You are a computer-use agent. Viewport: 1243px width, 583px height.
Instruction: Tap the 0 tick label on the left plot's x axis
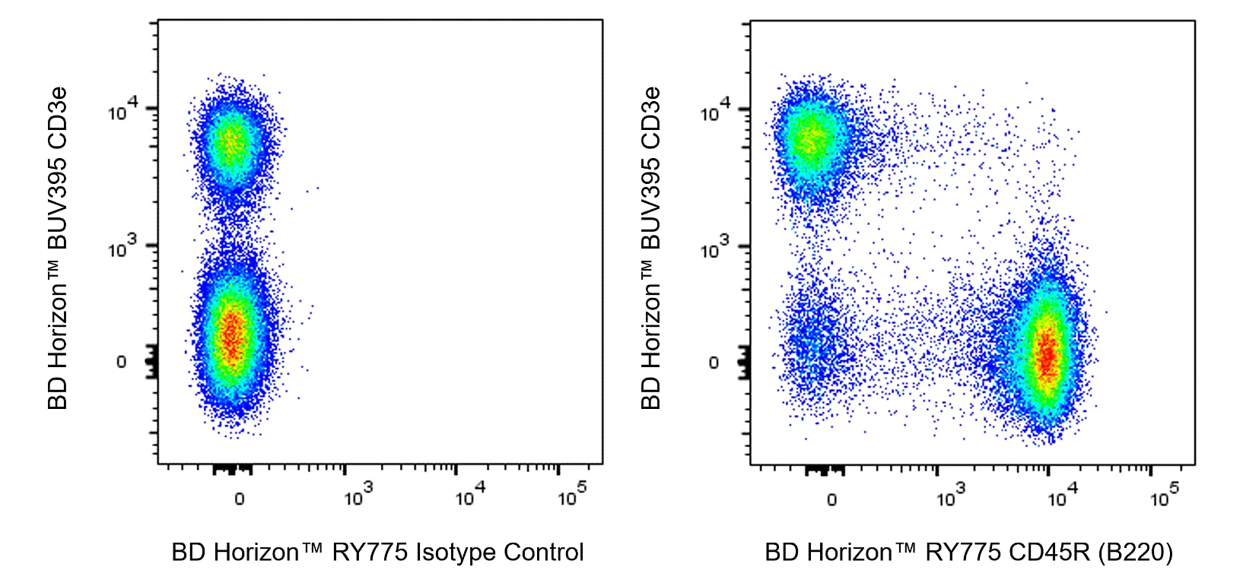(239, 499)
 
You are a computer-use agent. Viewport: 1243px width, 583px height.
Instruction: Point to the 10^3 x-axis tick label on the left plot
(358, 496)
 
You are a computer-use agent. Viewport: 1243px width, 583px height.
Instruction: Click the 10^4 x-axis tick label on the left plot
(469, 496)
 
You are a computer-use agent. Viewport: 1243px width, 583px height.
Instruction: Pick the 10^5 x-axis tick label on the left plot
(571, 496)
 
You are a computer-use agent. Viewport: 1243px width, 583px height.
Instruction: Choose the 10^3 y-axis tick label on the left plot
(122, 247)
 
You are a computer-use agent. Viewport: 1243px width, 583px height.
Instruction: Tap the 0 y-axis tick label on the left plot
(121, 362)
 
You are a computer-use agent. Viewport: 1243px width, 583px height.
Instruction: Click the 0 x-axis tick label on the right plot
(831, 499)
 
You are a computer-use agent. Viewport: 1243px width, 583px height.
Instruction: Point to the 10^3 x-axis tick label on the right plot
(950, 496)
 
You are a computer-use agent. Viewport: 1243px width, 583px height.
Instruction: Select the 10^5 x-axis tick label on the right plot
(1164, 496)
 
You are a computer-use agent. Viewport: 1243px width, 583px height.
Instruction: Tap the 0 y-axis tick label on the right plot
(714, 363)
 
